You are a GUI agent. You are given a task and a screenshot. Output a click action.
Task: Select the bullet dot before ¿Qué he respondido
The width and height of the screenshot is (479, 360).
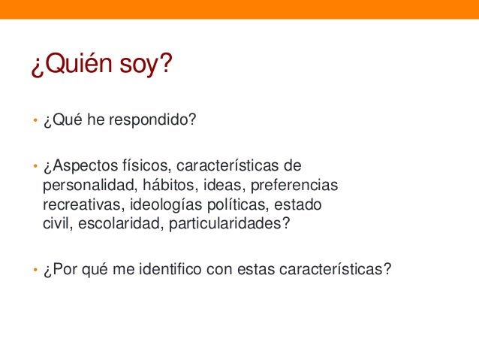tap(34, 123)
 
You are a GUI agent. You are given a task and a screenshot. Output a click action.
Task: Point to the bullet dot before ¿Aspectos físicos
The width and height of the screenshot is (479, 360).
tap(34, 165)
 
